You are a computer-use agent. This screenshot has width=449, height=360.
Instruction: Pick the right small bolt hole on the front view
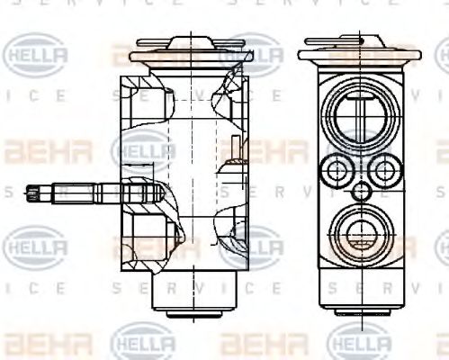point(385,168)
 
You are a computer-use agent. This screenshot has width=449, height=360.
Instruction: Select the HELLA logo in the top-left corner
point(36,56)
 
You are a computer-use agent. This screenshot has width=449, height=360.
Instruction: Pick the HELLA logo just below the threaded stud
point(36,243)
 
